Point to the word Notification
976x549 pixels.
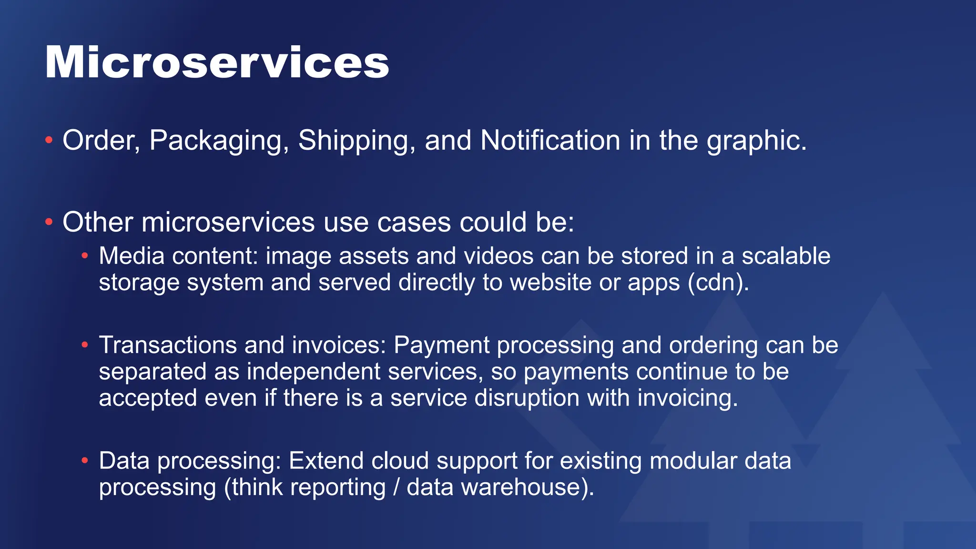pyautogui.click(x=550, y=141)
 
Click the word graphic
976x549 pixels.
pyautogui.click(x=756, y=141)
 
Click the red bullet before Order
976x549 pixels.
pyautogui.click(x=49, y=140)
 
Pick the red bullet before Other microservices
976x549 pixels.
pyautogui.click(x=49, y=222)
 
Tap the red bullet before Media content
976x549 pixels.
pyautogui.click(x=85, y=256)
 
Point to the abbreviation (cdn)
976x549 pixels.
pyautogui.click(x=718, y=282)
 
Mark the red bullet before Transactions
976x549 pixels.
pyautogui.click(x=85, y=345)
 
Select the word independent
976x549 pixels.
pyautogui.click(x=314, y=371)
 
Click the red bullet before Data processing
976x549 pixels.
pyautogui.click(x=85, y=460)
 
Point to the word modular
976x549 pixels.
pyautogui.click(x=693, y=461)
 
